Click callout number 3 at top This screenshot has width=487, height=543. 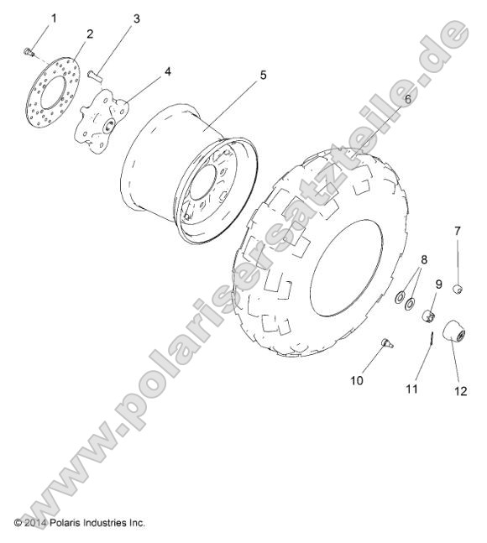point(137,17)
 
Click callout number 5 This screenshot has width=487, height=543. point(263,76)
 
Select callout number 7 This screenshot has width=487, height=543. point(458,230)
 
